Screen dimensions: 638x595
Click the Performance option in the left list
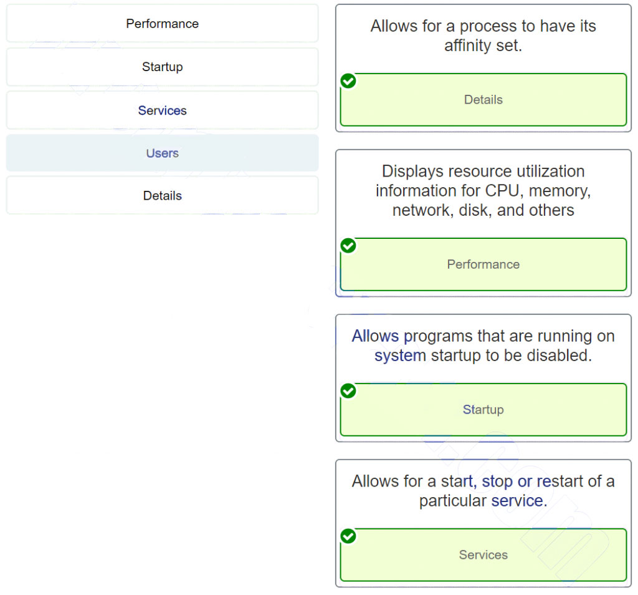point(162,24)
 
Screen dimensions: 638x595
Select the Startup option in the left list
point(162,67)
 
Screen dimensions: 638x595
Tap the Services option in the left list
point(162,110)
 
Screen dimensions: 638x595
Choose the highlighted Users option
point(162,153)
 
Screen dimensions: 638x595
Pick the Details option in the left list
point(162,195)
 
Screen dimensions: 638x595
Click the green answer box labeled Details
point(483,100)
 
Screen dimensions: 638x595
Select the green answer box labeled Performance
point(483,264)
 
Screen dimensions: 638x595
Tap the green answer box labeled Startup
point(483,410)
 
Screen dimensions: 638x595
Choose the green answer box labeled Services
point(483,555)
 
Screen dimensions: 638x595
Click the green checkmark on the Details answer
point(349,81)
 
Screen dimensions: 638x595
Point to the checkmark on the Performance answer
point(349,246)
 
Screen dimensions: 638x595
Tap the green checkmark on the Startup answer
point(349,391)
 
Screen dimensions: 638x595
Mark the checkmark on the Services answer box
point(349,536)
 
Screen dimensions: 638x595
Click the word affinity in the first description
point(469,46)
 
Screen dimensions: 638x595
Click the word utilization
point(538,171)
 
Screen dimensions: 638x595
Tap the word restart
point(565,481)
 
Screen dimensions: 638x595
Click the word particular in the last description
point(452,501)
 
